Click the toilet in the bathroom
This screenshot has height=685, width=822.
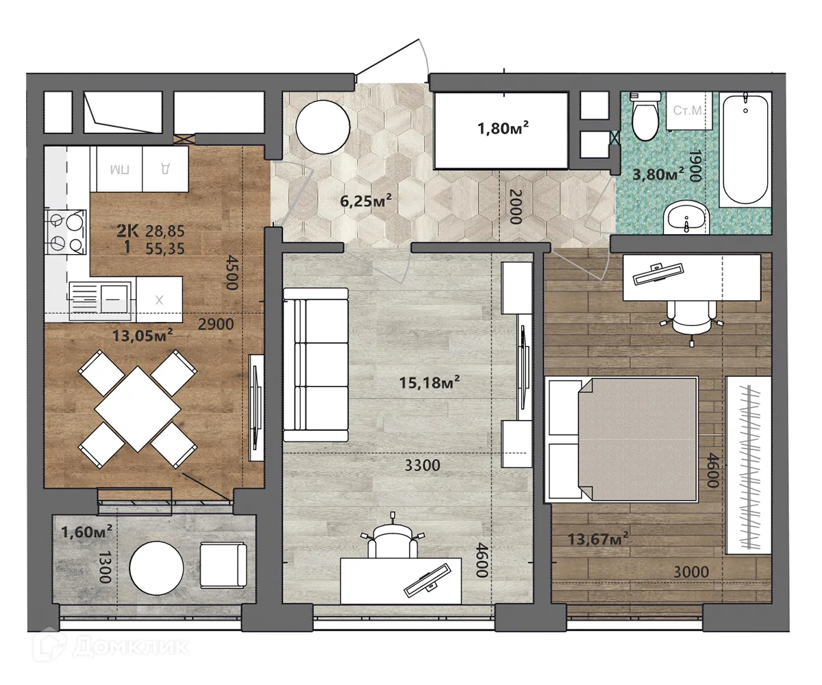(645, 117)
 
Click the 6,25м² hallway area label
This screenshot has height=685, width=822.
(366, 200)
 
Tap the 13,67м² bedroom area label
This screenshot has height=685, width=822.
(598, 538)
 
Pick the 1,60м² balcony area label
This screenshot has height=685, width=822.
(87, 531)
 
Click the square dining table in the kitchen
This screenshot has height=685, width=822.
(138, 408)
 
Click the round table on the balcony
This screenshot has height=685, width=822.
(157, 566)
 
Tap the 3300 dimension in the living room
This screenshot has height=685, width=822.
(422, 466)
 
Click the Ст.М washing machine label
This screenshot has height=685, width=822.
(687, 110)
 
